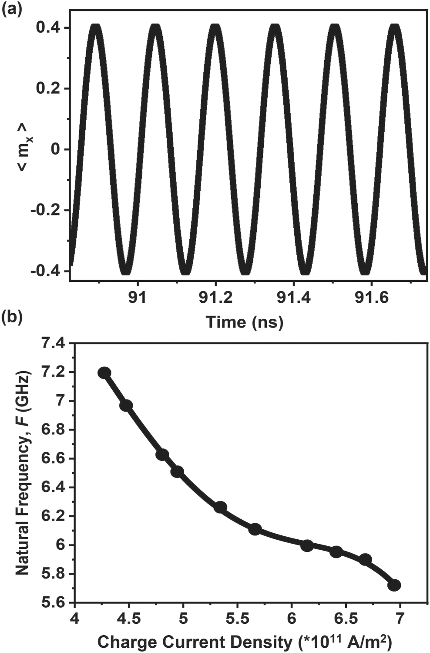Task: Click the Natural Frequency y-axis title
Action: pyautogui.click(x=23, y=473)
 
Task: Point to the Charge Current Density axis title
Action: pyautogui.click(x=243, y=642)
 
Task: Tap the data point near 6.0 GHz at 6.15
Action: pyautogui.click(x=307, y=545)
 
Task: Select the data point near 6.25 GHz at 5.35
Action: pyautogui.click(x=221, y=507)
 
